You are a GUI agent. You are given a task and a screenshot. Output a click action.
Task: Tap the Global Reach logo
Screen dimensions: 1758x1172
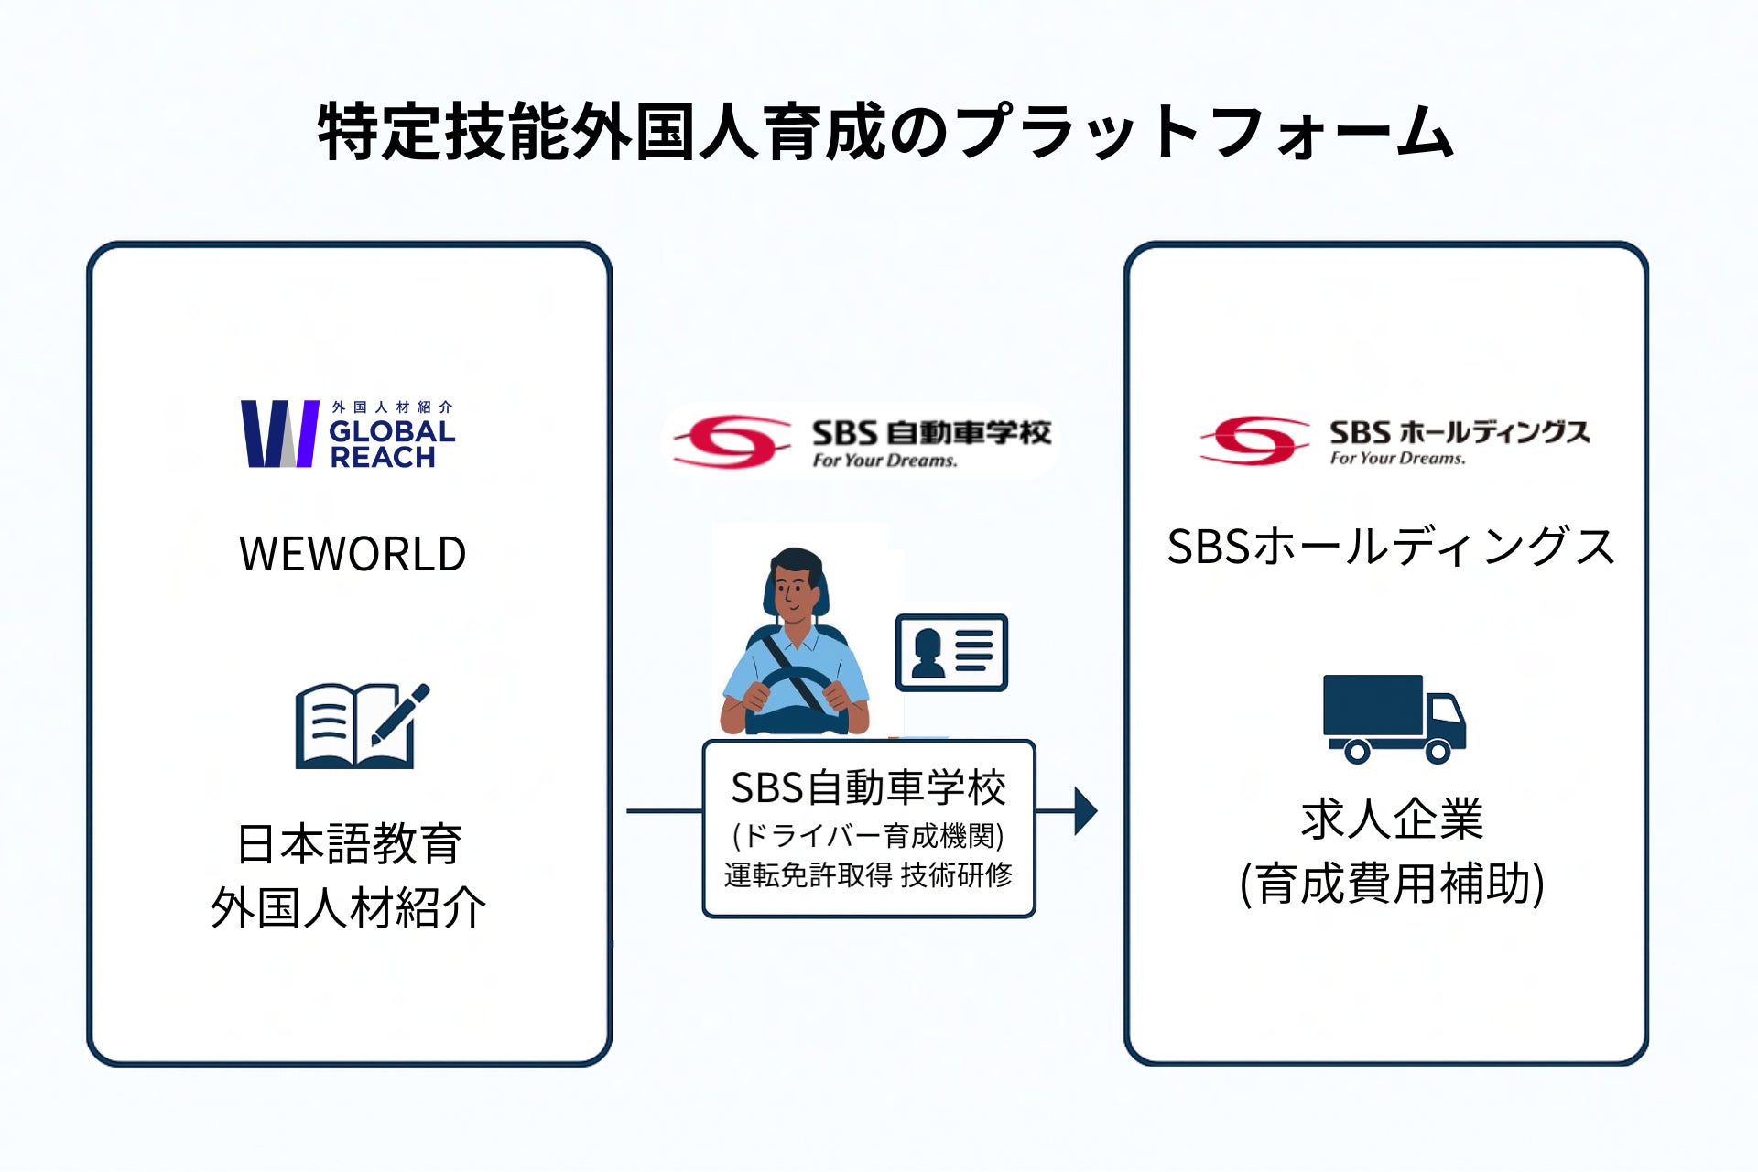[x=348, y=434]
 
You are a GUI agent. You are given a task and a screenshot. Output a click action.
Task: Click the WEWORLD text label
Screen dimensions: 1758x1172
[x=353, y=554]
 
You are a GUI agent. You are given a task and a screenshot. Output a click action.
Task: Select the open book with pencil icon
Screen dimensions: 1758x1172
[x=363, y=725]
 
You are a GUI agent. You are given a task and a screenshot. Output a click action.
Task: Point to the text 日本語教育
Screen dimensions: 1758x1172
[x=350, y=843]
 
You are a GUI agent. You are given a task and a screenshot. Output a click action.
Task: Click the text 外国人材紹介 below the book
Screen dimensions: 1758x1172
[x=349, y=908]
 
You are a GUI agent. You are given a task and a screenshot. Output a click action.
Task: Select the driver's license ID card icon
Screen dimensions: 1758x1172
[x=951, y=652]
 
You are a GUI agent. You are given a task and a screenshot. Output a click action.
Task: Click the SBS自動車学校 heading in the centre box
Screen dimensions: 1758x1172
[x=868, y=788]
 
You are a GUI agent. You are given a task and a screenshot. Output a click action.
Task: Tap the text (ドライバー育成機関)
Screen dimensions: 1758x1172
[x=868, y=835]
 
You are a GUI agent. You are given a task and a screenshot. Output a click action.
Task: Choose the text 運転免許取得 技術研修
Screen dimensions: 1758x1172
[x=868, y=875]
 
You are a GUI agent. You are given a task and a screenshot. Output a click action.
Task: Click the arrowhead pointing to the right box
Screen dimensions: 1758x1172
[x=1086, y=811]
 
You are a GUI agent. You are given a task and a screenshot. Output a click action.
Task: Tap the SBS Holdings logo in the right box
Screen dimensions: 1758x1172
[x=1394, y=440]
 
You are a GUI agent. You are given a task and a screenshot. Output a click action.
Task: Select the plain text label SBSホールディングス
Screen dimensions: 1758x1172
[x=1391, y=548]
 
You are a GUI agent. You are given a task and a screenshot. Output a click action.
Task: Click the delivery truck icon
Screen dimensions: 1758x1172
[x=1394, y=720]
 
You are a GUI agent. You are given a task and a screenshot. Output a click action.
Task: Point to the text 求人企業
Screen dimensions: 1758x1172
[x=1392, y=819]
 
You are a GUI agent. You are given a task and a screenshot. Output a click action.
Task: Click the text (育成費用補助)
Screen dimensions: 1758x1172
[x=1392, y=884]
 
